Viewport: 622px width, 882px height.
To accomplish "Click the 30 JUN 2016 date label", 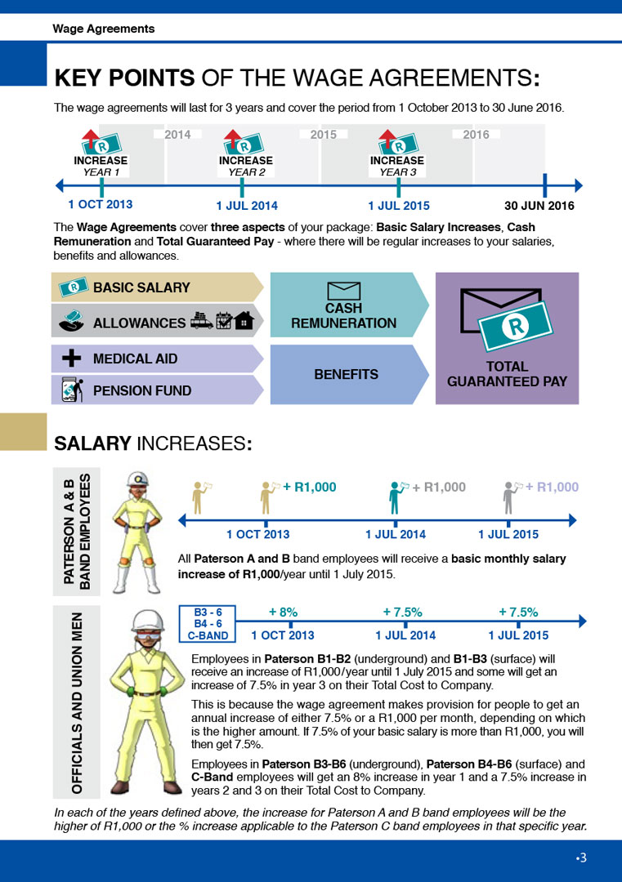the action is pos(539,205).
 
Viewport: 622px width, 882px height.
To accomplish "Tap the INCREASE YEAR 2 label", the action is pos(246,166).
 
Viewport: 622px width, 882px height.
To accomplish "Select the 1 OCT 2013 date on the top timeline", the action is pos(101,204).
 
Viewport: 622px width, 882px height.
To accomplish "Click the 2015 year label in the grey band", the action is pos(323,135).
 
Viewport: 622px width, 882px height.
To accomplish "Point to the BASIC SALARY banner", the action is pos(157,287).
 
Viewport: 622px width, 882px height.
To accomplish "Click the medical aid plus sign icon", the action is pos(71,359).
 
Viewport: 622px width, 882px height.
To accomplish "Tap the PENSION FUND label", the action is pos(142,390).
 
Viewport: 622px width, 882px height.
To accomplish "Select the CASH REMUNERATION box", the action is pos(349,305).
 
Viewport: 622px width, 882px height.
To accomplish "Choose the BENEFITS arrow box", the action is pos(349,375).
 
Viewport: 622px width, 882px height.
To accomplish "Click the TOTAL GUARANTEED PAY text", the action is pos(507,374).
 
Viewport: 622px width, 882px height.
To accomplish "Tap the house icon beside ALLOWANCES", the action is pos(244,321).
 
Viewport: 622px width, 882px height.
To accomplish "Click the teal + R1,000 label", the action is pos(309,487).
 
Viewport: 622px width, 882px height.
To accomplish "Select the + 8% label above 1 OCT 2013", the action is pos(283,612).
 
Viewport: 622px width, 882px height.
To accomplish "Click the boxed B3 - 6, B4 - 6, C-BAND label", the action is pos(207,624).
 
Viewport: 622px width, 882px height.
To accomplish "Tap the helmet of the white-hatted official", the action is pos(147,621).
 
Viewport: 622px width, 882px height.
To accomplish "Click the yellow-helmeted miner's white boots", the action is pos(136,580).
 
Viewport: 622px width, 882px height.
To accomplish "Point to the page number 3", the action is pos(583,857).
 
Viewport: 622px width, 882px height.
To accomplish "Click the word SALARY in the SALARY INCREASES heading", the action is pos(92,443).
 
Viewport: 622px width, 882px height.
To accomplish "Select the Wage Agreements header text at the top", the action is pos(104,29).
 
